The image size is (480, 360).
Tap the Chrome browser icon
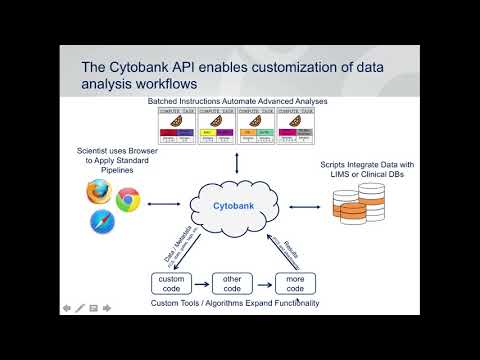[126, 199]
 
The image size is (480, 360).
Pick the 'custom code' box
[171, 283]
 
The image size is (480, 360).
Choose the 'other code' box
[233, 283]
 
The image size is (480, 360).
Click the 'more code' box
[295, 283]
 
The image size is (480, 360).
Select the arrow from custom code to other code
[202, 283]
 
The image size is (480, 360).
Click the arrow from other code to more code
[264, 283]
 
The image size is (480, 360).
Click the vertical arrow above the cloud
[236, 163]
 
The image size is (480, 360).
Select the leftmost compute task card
[180, 129]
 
